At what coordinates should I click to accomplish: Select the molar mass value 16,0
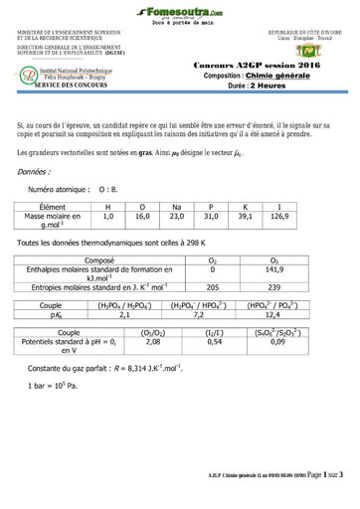click(x=142, y=215)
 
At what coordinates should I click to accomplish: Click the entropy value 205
click(x=211, y=287)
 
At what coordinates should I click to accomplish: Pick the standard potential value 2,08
click(x=152, y=341)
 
